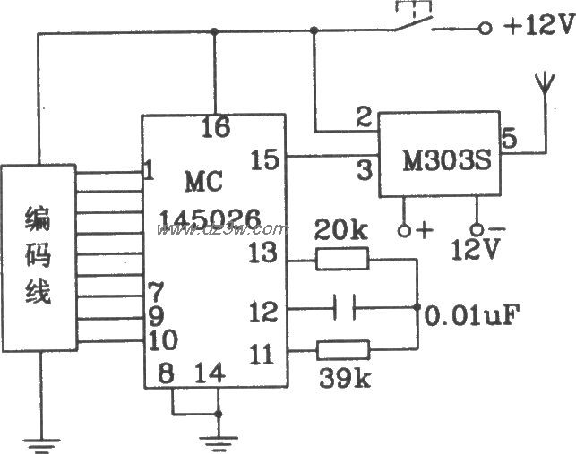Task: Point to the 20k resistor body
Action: click(341, 260)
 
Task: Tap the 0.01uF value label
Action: click(471, 315)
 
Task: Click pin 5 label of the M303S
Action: click(509, 139)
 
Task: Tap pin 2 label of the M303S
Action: click(363, 116)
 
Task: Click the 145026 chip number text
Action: click(210, 218)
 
